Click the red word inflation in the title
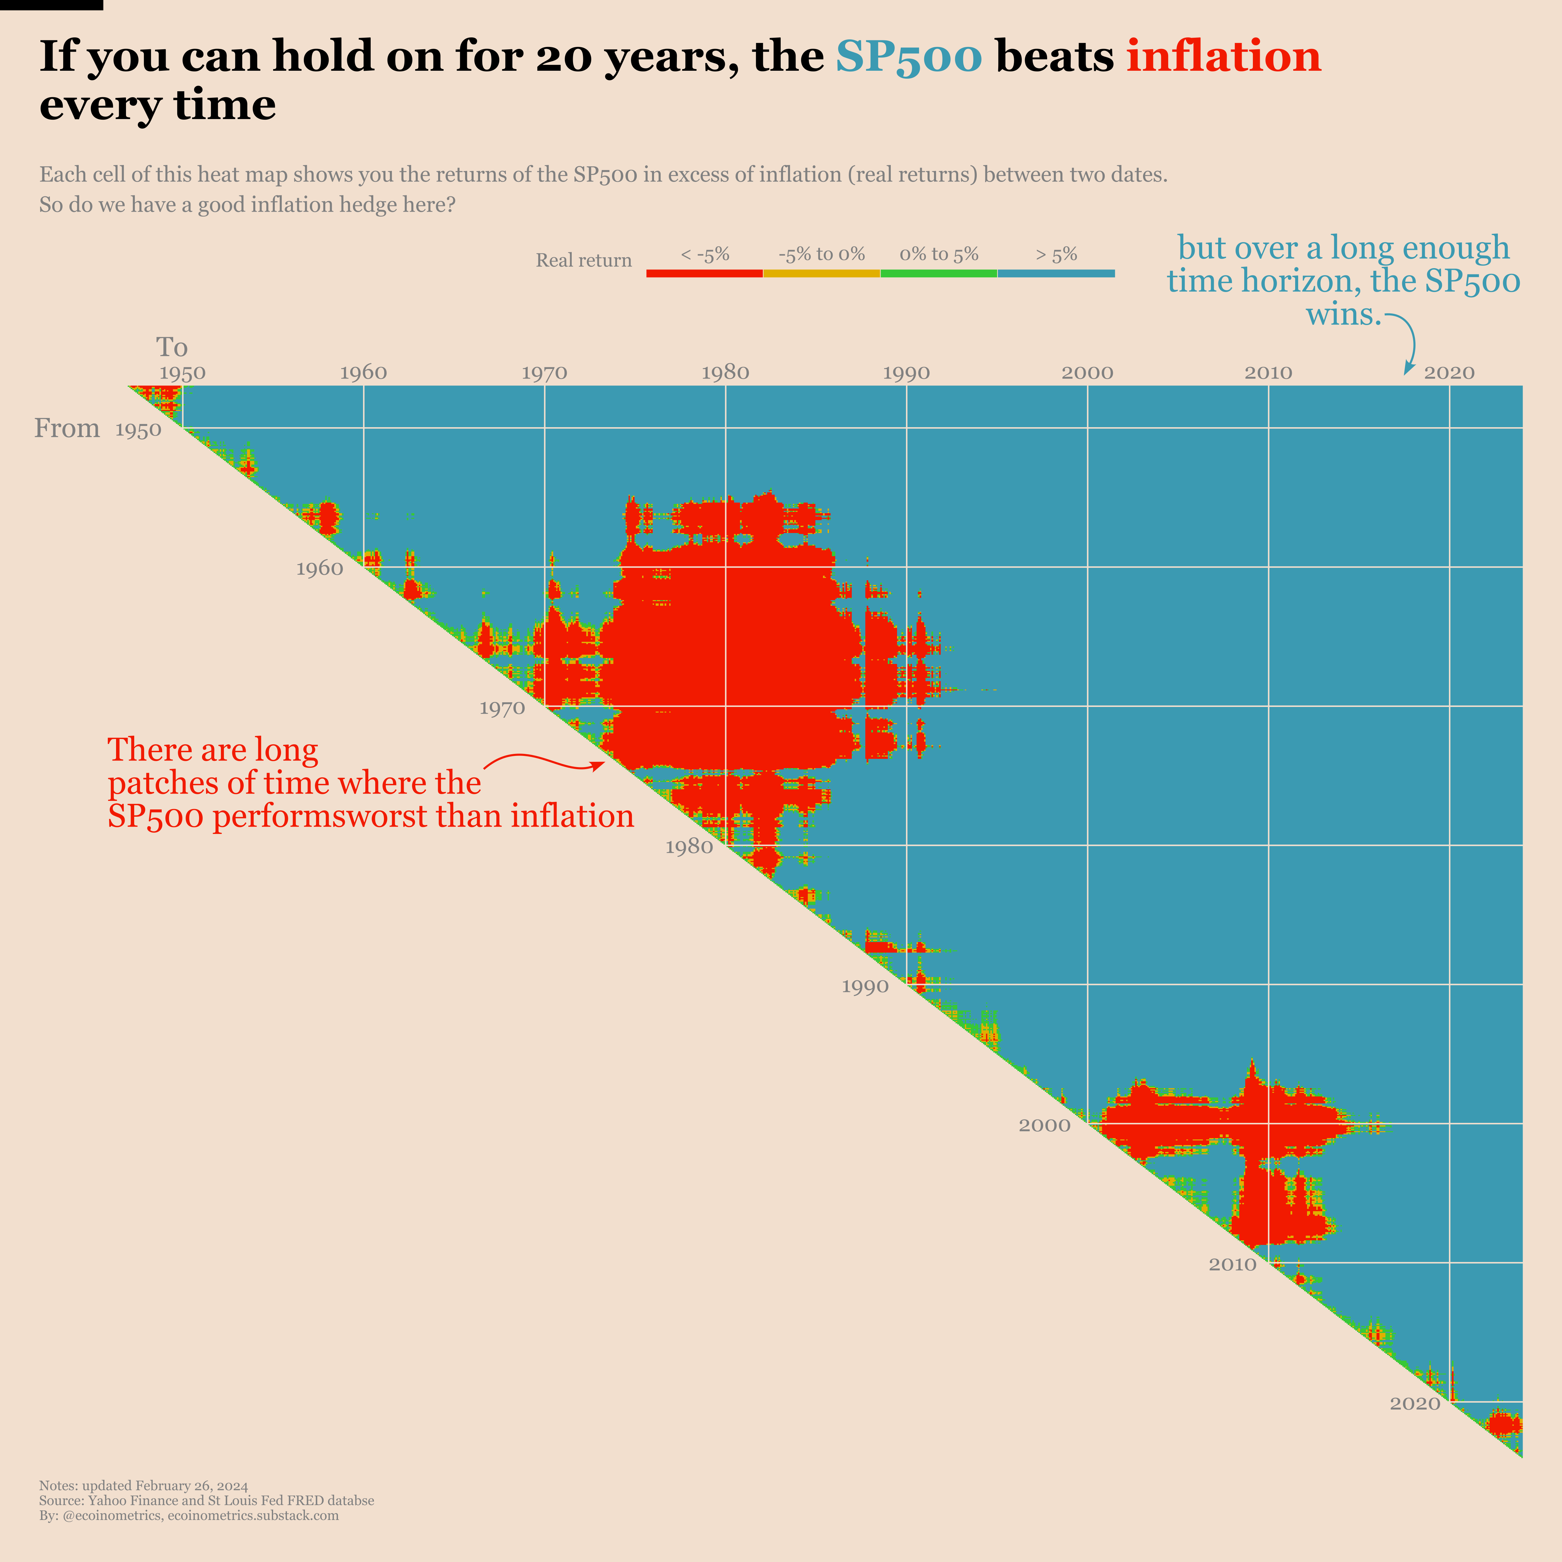tap(1223, 57)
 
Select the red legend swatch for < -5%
tap(704, 273)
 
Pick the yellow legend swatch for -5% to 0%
tap(821, 273)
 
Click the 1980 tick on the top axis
tap(725, 373)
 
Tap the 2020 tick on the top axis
tap(1449, 373)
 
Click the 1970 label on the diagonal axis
tap(502, 708)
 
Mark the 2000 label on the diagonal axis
tap(1044, 1126)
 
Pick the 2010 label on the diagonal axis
tap(1232, 1264)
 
